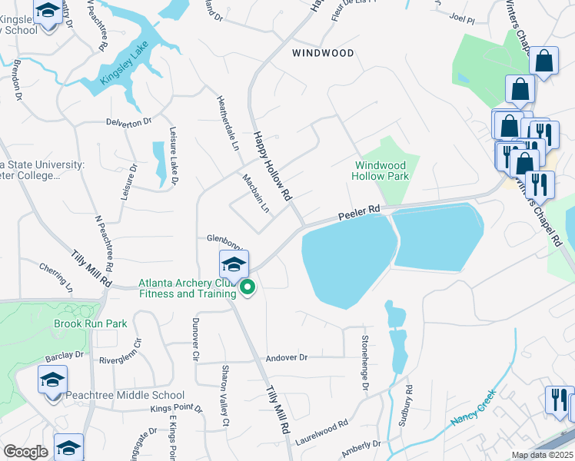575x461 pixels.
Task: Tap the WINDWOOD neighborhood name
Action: tap(324, 53)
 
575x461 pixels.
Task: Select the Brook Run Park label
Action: tap(90, 323)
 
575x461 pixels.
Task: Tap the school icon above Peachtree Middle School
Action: tap(52, 380)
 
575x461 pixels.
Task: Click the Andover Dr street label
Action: tap(286, 357)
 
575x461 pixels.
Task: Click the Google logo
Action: tap(25, 452)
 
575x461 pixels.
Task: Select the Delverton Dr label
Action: tap(128, 122)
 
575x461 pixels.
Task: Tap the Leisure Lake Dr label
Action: tap(173, 157)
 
